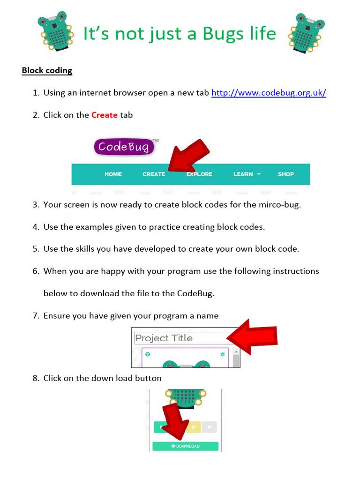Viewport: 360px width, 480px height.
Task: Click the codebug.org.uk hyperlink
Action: click(x=269, y=93)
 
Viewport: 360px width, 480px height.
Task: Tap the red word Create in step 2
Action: click(x=104, y=115)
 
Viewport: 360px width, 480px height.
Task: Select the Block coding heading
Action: click(x=47, y=71)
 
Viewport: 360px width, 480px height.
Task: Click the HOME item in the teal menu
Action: click(x=113, y=174)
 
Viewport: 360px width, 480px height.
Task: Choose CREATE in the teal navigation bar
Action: click(x=154, y=174)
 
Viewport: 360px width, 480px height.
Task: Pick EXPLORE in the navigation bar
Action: click(x=199, y=174)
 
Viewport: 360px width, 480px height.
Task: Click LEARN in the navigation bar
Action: click(x=243, y=174)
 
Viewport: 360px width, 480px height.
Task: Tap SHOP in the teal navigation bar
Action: click(x=285, y=174)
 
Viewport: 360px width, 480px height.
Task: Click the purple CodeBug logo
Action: click(x=124, y=147)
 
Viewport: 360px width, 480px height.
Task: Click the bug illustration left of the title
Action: click(x=55, y=32)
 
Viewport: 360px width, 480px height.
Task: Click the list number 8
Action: click(x=36, y=378)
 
